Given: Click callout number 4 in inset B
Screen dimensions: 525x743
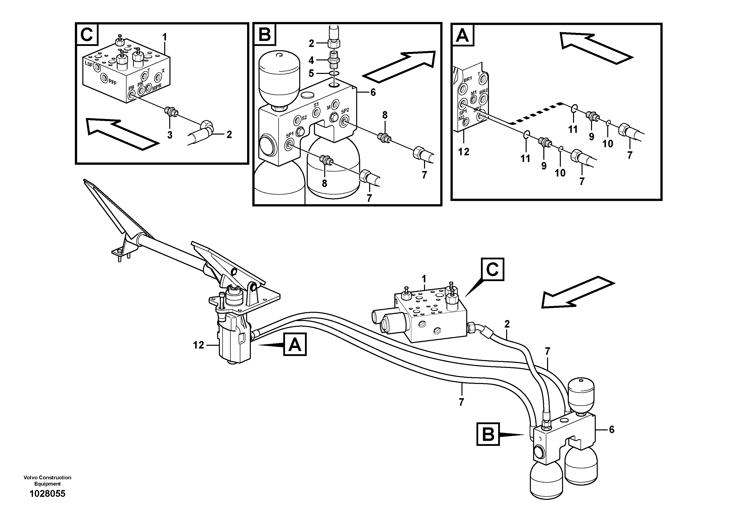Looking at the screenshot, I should tap(311, 60).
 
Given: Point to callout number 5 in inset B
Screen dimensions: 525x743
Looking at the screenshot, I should tap(311, 73).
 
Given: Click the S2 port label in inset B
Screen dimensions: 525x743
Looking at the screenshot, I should tap(304, 118).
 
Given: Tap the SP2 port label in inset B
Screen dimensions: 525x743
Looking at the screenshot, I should tap(345, 110).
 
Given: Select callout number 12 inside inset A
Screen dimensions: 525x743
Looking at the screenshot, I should tap(463, 152).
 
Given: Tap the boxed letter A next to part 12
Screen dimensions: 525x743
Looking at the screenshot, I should tap(295, 345).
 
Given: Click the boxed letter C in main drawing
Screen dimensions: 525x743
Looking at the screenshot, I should tap(492, 269).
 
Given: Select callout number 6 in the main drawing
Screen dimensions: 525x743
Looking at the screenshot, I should tap(611, 430).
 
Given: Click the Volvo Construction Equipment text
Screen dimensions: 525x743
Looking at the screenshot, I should tap(47, 481).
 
